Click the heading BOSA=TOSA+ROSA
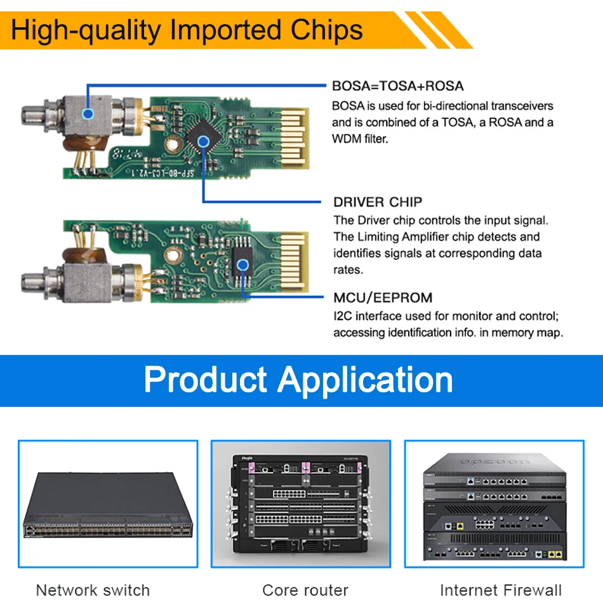tap(398, 86)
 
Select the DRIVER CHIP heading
tap(378, 202)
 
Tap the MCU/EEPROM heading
tap(383, 298)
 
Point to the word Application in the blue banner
tap(365, 380)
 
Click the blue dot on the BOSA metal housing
tap(88, 114)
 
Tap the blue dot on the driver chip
tap(203, 141)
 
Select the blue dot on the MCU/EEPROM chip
tap(242, 265)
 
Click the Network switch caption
tap(93, 590)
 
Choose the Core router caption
tap(305, 590)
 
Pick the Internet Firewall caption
tap(501, 590)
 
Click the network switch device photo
tap(108, 505)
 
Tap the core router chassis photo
tap(300, 504)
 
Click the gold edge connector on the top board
tap(295, 138)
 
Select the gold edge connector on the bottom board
tap(294, 262)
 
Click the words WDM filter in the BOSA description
tap(360, 139)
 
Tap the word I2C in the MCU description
tap(343, 316)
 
